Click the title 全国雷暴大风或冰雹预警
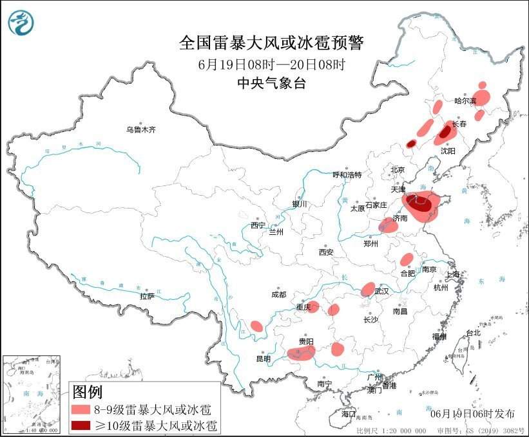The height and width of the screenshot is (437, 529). pyautogui.click(x=271, y=43)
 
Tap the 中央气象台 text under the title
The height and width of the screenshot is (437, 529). pyautogui.click(x=271, y=82)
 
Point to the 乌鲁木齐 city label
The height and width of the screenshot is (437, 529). pyautogui.click(x=140, y=129)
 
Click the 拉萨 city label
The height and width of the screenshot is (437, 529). pyautogui.click(x=147, y=296)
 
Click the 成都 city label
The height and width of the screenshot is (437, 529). pyautogui.click(x=278, y=295)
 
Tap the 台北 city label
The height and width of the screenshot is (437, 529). pyautogui.click(x=473, y=333)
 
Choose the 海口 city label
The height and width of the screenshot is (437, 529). pyautogui.click(x=349, y=413)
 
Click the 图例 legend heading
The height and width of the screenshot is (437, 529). pyautogui.click(x=87, y=391)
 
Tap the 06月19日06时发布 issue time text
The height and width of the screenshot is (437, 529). pyautogui.click(x=472, y=413)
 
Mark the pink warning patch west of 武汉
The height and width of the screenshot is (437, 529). pyautogui.click(x=368, y=289)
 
